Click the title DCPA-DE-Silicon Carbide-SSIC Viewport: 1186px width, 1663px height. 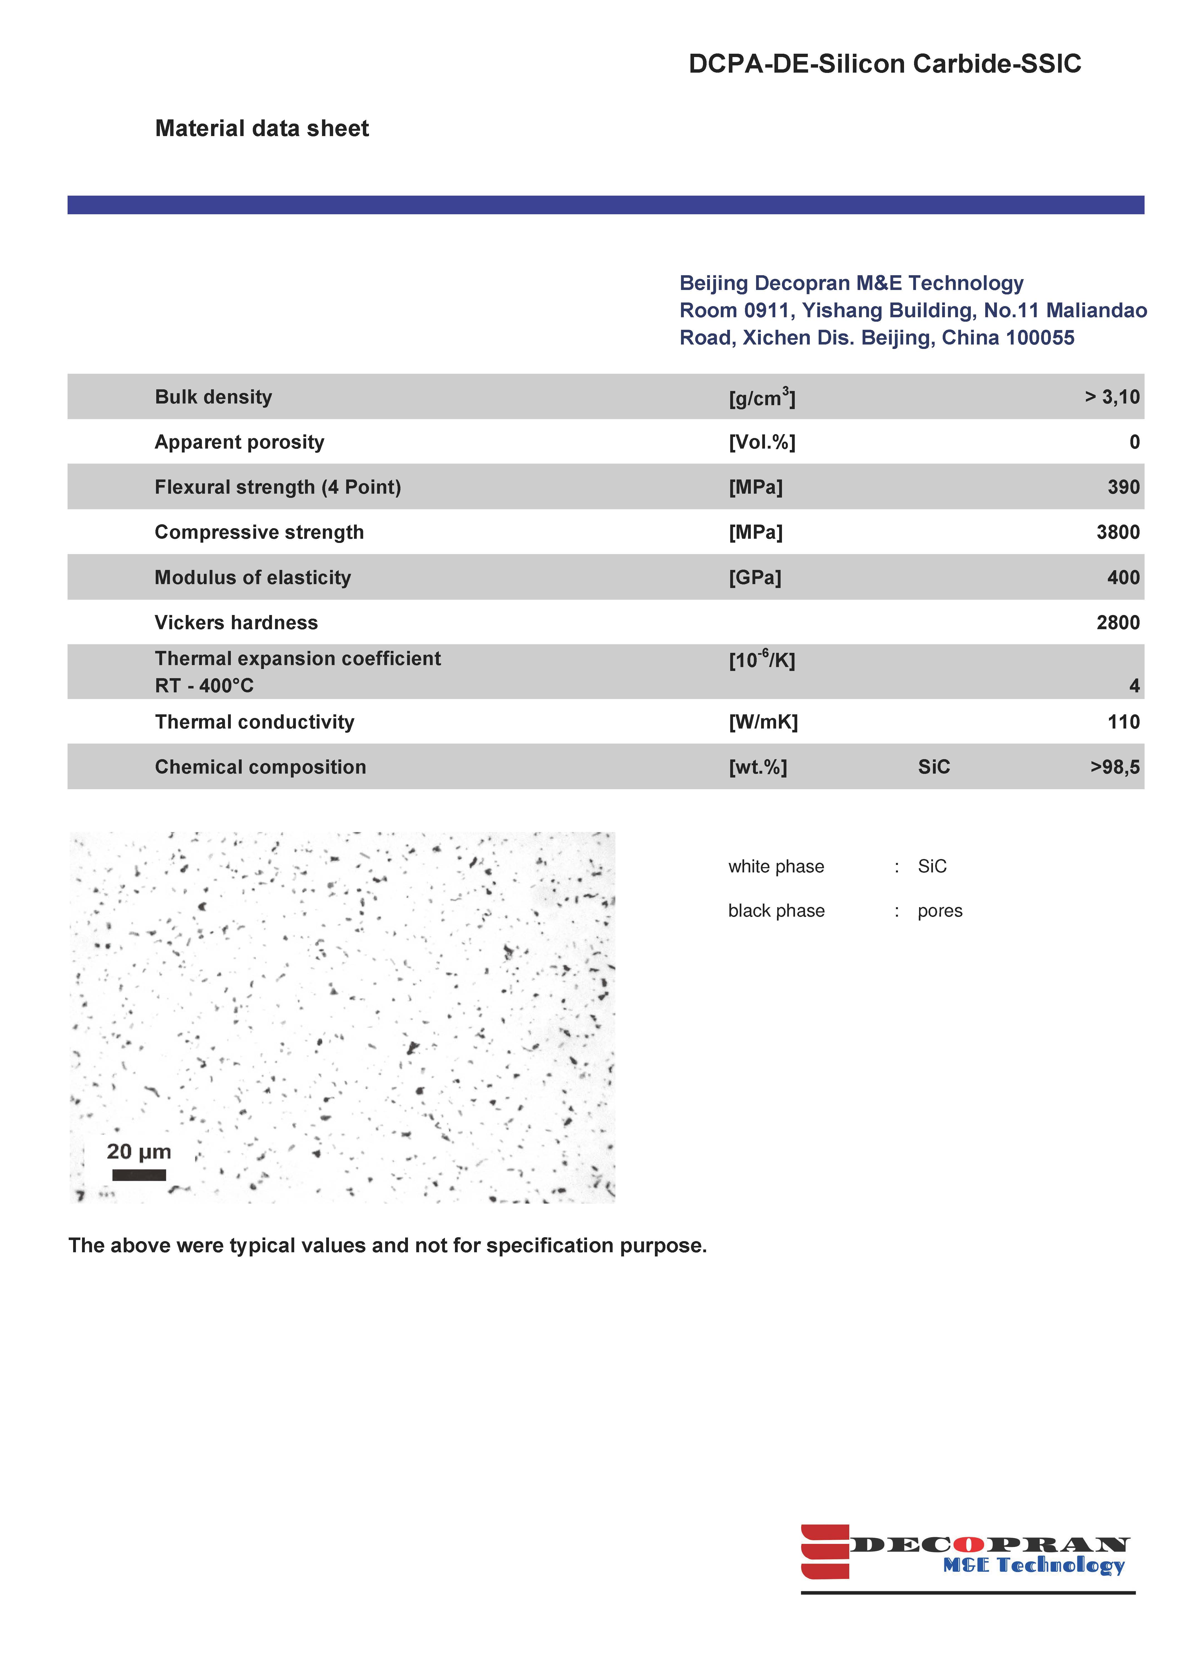pos(884,64)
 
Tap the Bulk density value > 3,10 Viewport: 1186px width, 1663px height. pos(1111,397)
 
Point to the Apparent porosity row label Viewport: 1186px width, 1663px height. pos(239,442)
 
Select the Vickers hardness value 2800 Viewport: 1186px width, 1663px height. pos(1117,623)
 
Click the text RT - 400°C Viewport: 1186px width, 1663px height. pos(204,685)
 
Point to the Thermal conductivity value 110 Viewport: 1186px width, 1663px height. pos(1123,722)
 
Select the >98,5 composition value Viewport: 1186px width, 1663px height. pos(1115,767)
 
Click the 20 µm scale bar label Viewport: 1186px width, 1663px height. pos(139,1152)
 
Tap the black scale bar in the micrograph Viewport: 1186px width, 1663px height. pos(139,1175)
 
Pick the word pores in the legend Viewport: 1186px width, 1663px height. pos(940,911)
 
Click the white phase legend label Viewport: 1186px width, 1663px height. pos(776,867)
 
